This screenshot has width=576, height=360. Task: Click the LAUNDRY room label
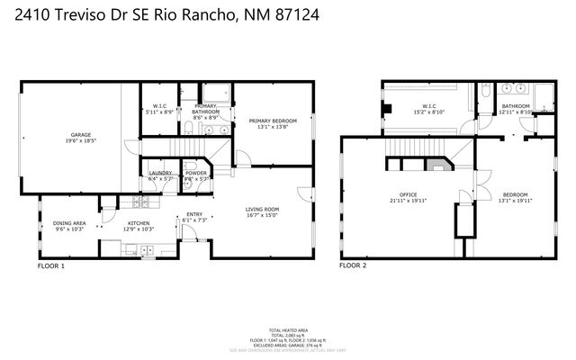pyautogui.click(x=160, y=173)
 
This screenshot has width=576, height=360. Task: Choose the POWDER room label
pyautogui.click(x=196, y=173)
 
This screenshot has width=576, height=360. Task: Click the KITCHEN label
pyautogui.click(x=138, y=223)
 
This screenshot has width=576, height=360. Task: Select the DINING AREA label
pyautogui.click(x=68, y=223)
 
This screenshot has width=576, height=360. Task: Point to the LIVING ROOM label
pyautogui.click(x=263, y=210)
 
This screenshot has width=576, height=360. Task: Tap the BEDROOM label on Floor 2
pyautogui.click(x=515, y=193)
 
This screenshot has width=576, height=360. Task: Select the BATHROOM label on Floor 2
pyautogui.click(x=516, y=106)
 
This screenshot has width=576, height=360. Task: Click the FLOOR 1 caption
pyautogui.click(x=51, y=266)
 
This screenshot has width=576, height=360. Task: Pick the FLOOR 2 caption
pyautogui.click(x=352, y=266)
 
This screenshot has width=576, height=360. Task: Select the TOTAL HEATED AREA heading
pyautogui.click(x=288, y=330)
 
